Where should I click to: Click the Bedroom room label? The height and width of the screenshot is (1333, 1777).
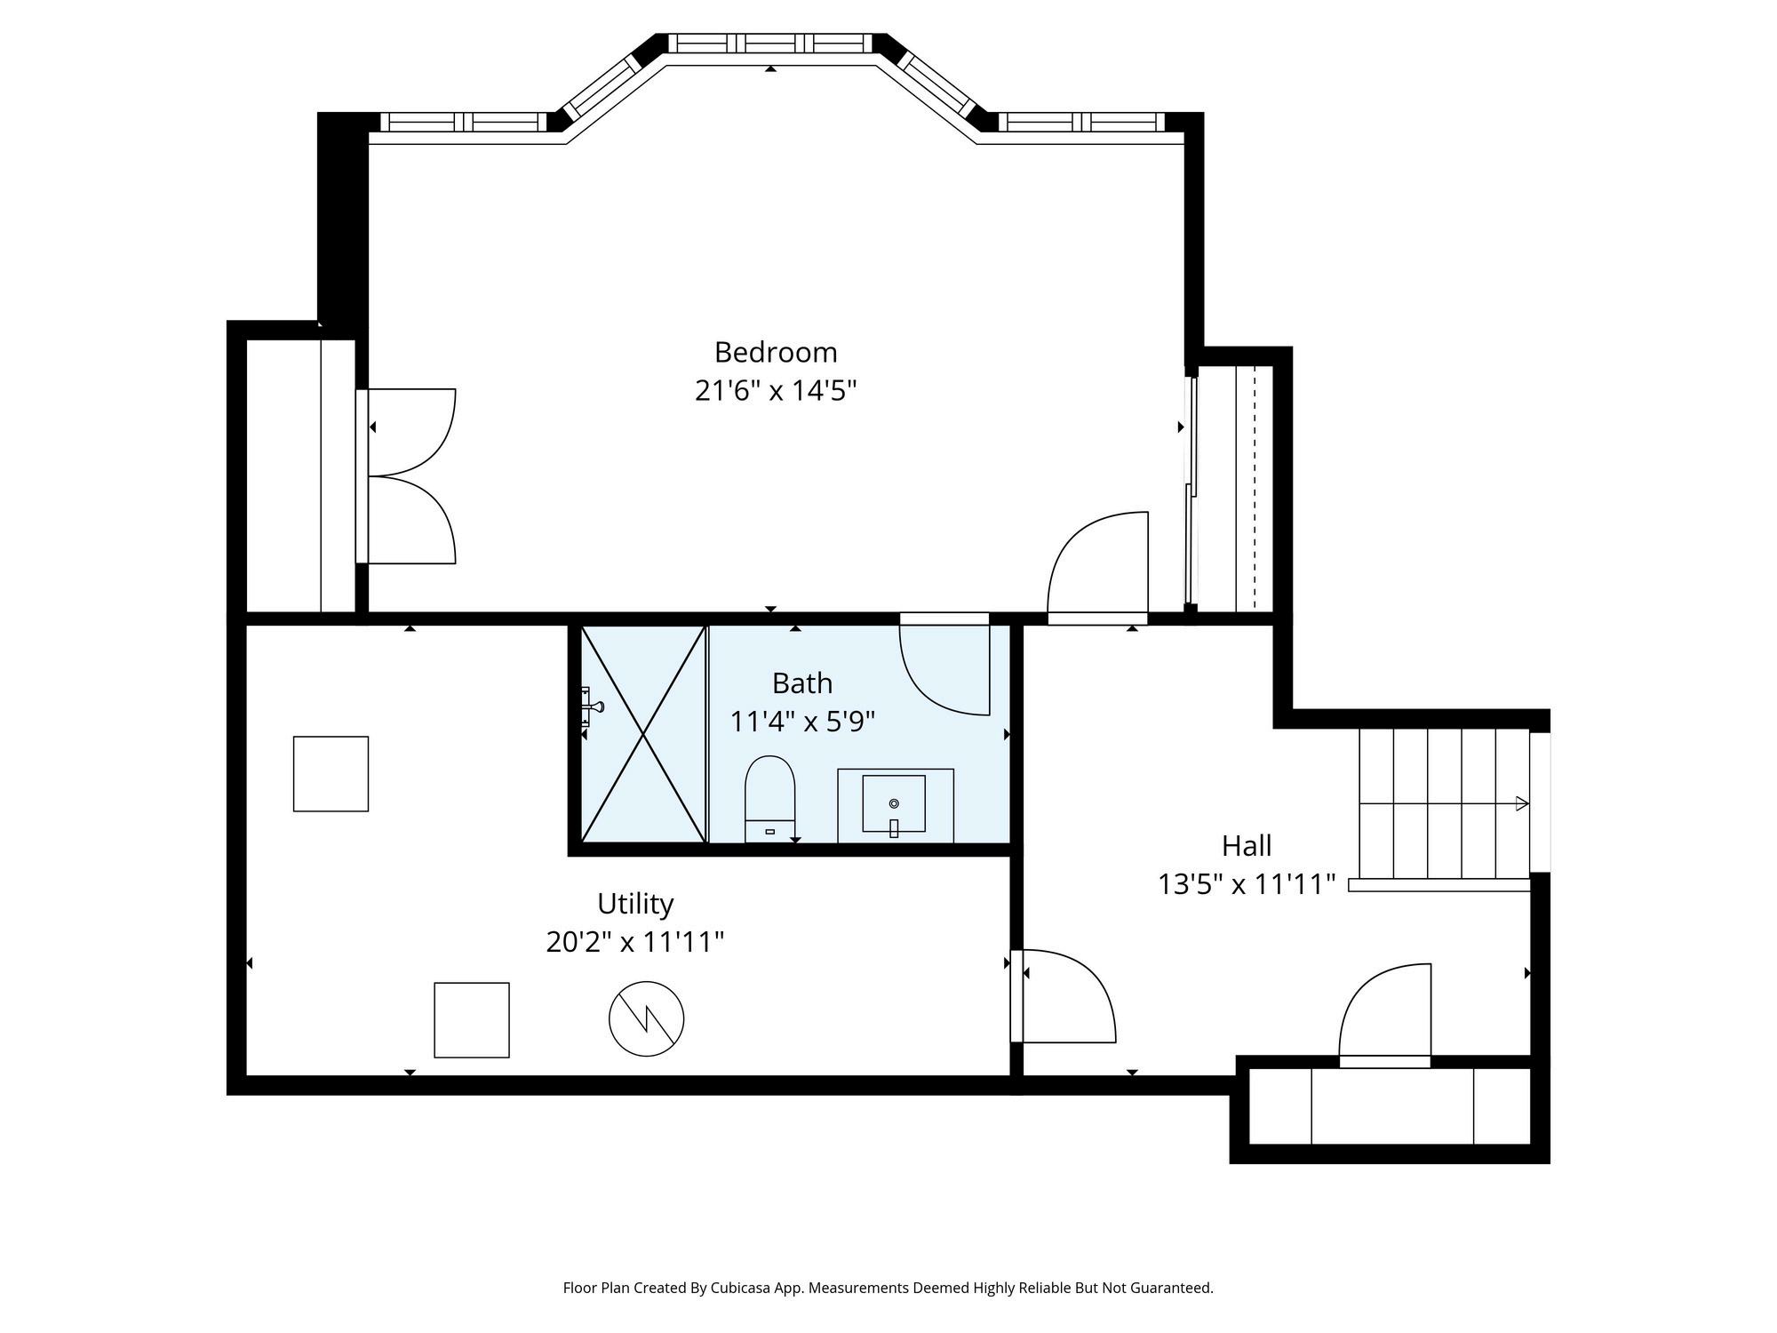(776, 353)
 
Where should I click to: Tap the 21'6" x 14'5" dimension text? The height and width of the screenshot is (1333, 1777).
(776, 390)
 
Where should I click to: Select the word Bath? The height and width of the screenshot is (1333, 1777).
(802, 683)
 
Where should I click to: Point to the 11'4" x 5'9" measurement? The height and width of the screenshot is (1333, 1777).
(802, 721)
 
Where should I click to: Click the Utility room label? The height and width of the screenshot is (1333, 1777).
(635, 904)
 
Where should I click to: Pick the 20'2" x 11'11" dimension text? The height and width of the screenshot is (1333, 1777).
(635, 941)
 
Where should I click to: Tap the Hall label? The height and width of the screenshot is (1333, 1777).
(1247, 845)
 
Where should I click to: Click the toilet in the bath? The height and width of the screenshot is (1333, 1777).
(769, 798)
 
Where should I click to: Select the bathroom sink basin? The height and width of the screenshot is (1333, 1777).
(894, 804)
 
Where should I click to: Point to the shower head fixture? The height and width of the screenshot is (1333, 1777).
(591, 707)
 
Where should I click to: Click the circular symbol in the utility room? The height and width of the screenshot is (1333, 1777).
(647, 1019)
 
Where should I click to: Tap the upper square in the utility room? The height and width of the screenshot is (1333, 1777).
(331, 773)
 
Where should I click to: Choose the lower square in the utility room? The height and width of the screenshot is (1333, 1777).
(472, 1020)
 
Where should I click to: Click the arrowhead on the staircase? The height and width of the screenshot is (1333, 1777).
(1522, 803)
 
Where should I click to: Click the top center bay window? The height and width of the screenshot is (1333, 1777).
(770, 43)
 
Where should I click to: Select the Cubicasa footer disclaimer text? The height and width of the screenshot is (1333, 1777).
(888, 1288)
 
